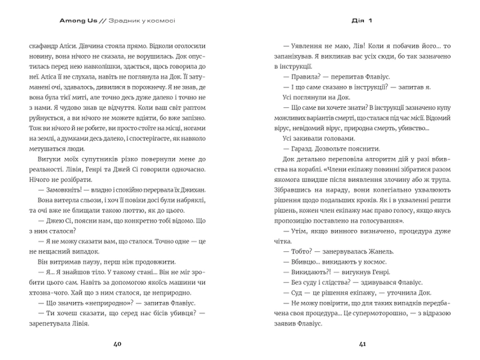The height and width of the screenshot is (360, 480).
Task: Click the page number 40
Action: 117,345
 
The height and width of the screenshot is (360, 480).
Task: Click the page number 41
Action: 363,345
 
